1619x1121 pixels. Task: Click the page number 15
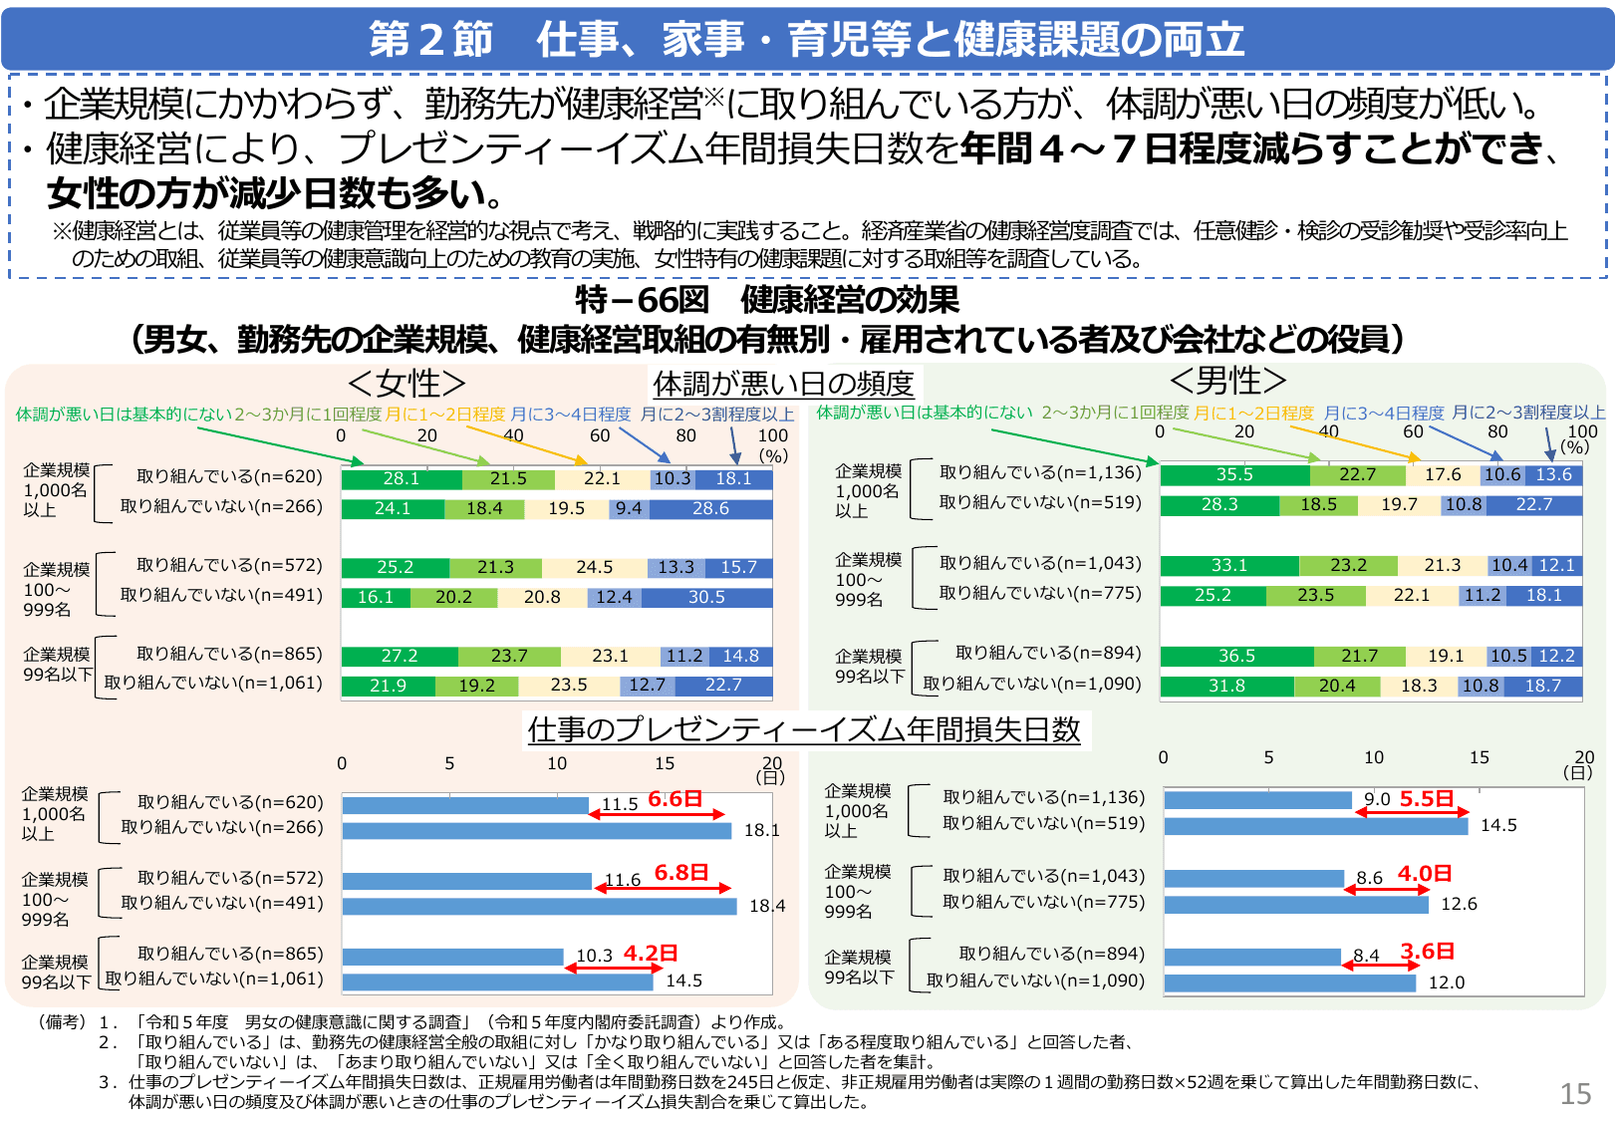[x=1574, y=1094]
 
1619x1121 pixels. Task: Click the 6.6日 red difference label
[x=675, y=799]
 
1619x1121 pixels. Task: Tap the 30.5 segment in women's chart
[x=706, y=597]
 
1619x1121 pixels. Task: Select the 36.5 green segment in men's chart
[x=1236, y=656]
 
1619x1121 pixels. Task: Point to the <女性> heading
[x=406, y=383]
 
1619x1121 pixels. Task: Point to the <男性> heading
[x=1227, y=380]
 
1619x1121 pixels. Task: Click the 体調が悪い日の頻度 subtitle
[x=783, y=384]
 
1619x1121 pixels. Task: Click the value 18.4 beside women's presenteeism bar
[x=766, y=906]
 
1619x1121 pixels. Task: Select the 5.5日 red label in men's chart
[x=1426, y=799]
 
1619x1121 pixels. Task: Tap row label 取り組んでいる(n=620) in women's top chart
[x=229, y=476]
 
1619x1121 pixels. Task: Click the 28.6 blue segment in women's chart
[x=710, y=508]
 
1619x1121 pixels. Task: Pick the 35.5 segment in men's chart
[x=1234, y=474]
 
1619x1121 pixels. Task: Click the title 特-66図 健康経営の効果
[x=767, y=299]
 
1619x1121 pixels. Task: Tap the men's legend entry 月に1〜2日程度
[x=1253, y=413]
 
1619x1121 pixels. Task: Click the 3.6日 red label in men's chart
[x=1427, y=952]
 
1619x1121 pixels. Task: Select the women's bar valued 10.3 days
[x=453, y=957]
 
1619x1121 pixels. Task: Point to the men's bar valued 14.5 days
[x=1315, y=826]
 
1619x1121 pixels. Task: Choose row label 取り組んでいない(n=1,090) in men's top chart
[x=1032, y=684]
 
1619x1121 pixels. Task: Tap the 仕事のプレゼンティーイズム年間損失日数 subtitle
[x=804, y=729]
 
